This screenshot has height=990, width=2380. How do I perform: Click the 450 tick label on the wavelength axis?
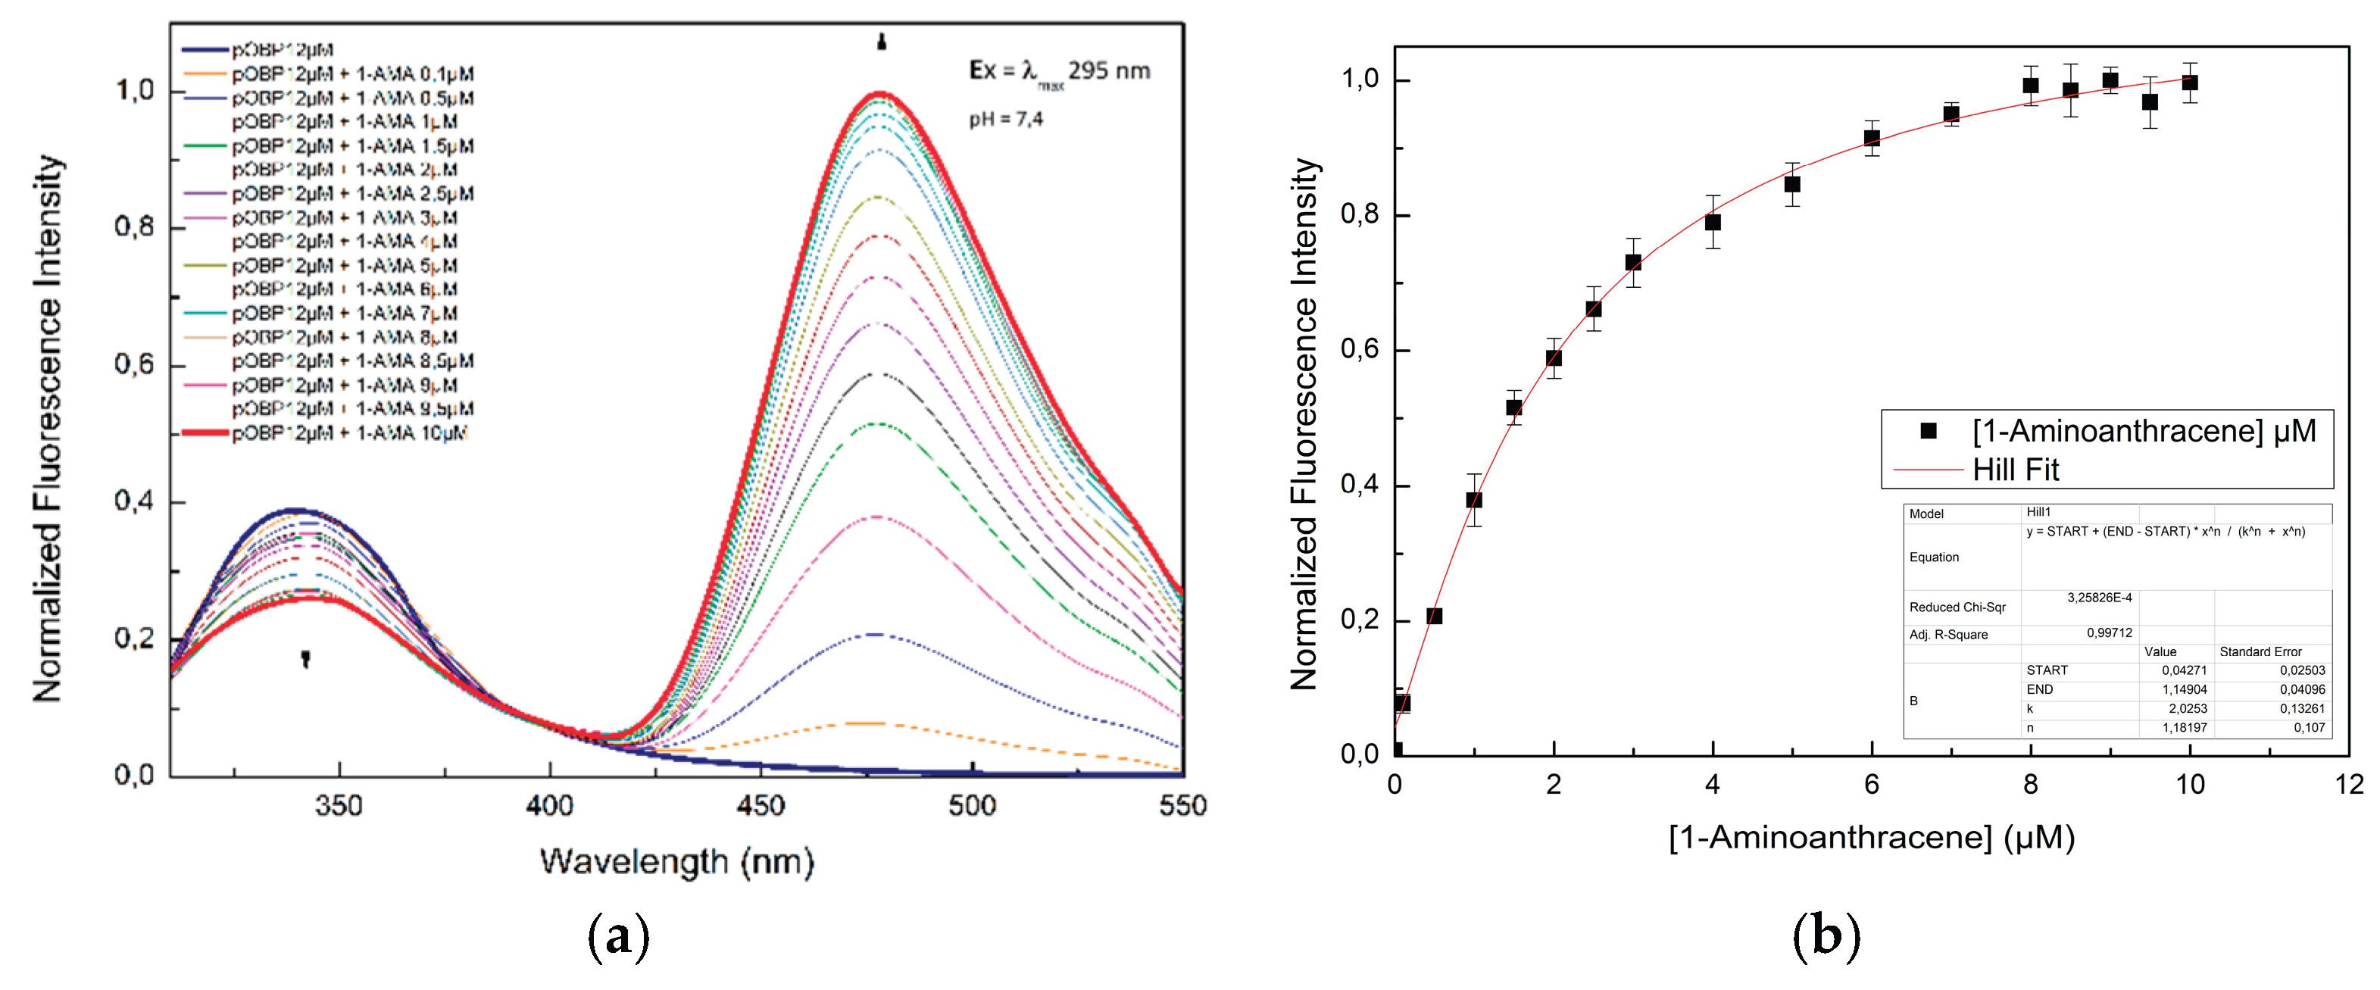(x=761, y=805)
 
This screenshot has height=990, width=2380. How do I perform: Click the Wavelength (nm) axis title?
(x=676, y=862)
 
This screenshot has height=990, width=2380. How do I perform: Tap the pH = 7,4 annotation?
(x=1005, y=119)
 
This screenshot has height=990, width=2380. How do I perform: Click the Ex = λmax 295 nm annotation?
(x=1059, y=72)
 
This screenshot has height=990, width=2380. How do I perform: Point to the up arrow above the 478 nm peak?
(x=882, y=42)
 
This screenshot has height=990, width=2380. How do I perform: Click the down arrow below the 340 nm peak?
(x=306, y=657)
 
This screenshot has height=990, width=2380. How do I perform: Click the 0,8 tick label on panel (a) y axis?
(x=134, y=227)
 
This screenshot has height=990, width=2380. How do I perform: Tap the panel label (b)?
(x=1826, y=935)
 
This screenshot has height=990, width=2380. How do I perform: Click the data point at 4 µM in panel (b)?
(x=1713, y=223)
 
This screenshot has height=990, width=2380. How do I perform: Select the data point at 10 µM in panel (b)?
(x=2190, y=83)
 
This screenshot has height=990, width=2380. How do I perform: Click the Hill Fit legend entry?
(x=2015, y=470)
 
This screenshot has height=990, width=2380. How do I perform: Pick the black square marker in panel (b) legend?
(x=1929, y=431)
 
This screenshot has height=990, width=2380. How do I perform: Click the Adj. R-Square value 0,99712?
(x=2110, y=633)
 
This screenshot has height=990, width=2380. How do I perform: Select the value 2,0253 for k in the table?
(x=2187, y=708)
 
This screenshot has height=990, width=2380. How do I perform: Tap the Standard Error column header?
(x=2260, y=652)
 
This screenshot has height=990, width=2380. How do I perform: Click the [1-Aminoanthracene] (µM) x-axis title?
(x=1872, y=838)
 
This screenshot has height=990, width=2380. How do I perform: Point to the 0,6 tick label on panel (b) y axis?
(x=1359, y=350)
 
